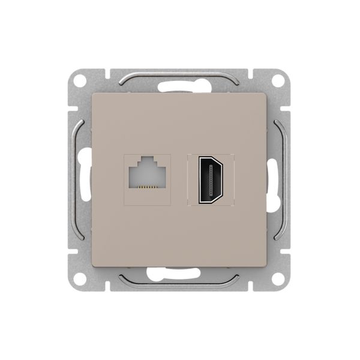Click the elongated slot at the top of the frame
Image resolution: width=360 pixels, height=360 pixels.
coord(180,86)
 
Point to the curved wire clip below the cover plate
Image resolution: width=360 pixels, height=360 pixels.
coord(180,282)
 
